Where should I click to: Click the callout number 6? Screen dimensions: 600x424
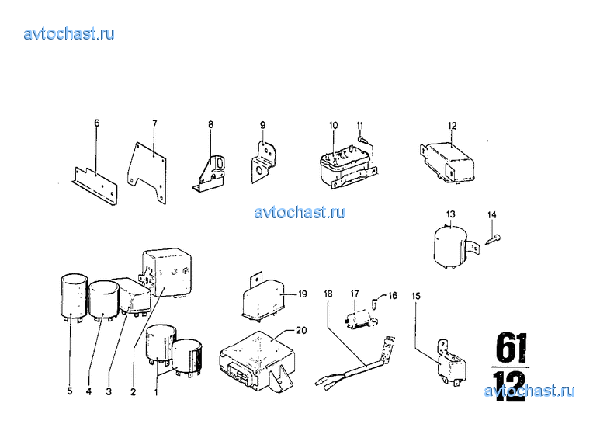(97, 123)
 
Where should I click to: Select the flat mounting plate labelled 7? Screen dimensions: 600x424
(147, 172)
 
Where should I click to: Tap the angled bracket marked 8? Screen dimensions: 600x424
(209, 173)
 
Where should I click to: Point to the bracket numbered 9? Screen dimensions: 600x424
(263, 162)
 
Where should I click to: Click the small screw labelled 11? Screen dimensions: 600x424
(362, 139)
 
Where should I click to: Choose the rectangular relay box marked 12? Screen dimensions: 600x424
(448, 162)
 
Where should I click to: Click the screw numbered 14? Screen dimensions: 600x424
(494, 239)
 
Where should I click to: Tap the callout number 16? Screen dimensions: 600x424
(393, 295)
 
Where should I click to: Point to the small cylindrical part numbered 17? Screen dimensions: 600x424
(360, 319)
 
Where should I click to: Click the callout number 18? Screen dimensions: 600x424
(328, 294)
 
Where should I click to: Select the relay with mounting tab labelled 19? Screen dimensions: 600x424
(264, 297)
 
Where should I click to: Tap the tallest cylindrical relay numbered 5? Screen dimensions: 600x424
(75, 297)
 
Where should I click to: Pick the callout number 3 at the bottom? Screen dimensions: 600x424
(109, 391)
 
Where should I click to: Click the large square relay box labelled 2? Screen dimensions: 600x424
(167, 273)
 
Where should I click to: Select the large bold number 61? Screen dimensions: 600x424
(512, 347)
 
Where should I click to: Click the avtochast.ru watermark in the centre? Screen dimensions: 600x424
(300, 212)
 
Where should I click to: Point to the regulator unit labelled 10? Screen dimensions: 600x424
(346, 166)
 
